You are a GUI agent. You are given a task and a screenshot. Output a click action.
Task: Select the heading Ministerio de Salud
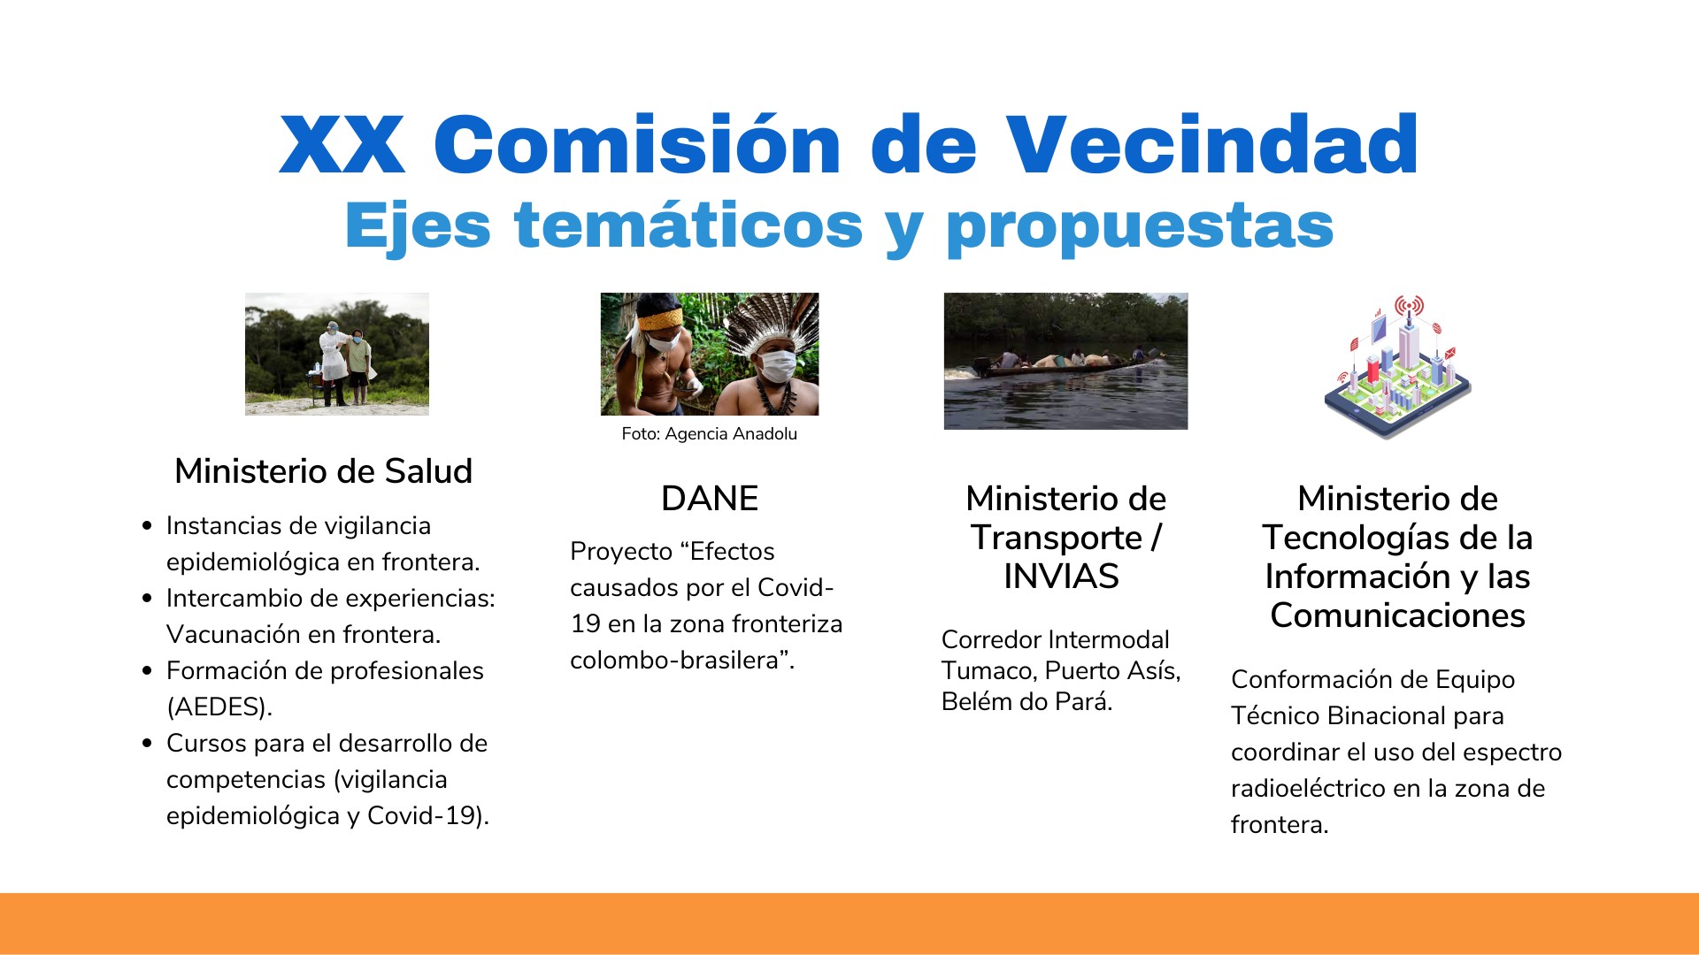pyautogui.click(x=324, y=470)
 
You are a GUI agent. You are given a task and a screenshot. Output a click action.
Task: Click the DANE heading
pyautogui.click(x=710, y=499)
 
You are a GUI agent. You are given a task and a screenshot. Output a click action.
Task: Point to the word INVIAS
pyautogui.click(x=1061, y=577)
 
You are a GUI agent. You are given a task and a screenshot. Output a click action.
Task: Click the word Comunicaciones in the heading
pyautogui.click(x=1398, y=615)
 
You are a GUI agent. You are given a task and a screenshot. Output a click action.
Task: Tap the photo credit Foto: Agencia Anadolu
pyautogui.click(x=710, y=433)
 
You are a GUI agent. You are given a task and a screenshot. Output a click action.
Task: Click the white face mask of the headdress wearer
pyautogui.click(x=776, y=365)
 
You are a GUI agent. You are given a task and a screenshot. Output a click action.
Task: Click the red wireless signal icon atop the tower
pyautogui.click(x=1409, y=306)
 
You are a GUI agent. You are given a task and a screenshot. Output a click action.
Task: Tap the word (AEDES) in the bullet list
pyautogui.click(x=219, y=707)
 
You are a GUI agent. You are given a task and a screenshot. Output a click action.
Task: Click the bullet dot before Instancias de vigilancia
pyautogui.click(x=147, y=526)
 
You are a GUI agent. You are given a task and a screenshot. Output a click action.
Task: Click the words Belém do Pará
pyautogui.click(x=1026, y=702)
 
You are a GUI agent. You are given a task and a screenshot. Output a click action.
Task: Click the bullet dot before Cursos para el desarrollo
pyautogui.click(x=147, y=744)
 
